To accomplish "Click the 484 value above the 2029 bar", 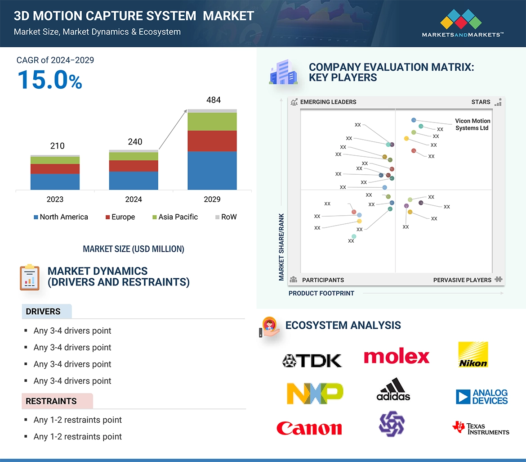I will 213,100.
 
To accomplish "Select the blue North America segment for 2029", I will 212,170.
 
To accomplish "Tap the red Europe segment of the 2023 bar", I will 55,169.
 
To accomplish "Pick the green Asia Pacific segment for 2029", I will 212,122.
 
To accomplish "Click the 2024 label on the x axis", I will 134,199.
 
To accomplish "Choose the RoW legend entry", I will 226,217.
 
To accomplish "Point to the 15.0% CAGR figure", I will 50,80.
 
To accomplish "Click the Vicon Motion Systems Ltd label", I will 473,124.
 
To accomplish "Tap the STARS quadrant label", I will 481,102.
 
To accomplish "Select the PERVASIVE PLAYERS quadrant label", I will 462,280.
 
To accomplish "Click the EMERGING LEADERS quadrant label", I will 328,102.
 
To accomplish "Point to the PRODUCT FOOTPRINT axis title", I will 321,293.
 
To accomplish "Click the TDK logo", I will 312,360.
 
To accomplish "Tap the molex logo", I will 397,357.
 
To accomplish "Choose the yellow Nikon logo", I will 473,355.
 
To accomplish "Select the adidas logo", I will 393,390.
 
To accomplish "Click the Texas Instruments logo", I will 481,428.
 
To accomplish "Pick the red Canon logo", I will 309,428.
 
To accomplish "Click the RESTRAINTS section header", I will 51,401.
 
